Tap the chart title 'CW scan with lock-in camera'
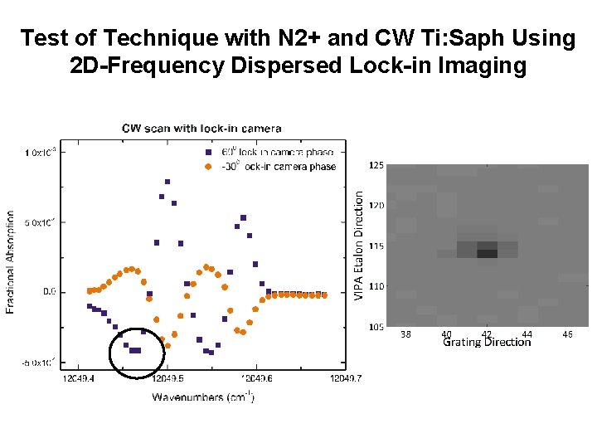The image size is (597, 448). click(201, 128)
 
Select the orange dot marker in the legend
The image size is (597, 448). click(207, 166)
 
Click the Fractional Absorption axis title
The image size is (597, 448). click(11, 261)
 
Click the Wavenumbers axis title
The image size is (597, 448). click(202, 397)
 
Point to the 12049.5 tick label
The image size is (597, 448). click(167, 378)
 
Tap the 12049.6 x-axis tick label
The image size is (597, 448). click(256, 378)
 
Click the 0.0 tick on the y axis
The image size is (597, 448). click(49, 292)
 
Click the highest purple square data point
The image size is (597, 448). click(167, 182)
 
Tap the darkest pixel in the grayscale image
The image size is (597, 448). click(487, 254)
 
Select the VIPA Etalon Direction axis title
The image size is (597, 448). click(358, 246)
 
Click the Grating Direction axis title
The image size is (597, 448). click(487, 342)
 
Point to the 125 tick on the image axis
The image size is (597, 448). click(376, 166)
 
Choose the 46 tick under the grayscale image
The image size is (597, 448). click(567, 334)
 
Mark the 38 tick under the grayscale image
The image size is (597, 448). click(405, 334)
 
